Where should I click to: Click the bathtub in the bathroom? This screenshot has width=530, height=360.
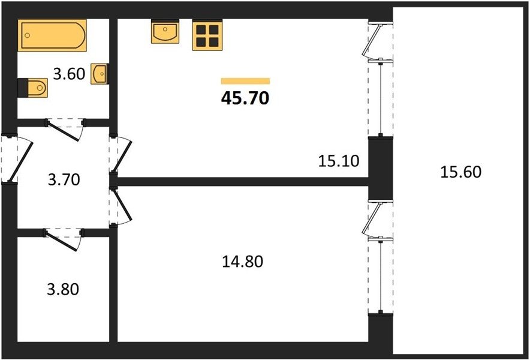[52, 35]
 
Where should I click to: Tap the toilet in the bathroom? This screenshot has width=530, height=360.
[33, 88]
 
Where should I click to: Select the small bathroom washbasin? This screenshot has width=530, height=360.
[100, 73]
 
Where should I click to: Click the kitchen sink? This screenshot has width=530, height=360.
[165, 31]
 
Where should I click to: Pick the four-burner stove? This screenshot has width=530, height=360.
[207, 35]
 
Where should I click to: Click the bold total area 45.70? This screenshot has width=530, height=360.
[245, 98]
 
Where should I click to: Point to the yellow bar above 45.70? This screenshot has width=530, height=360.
[245, 81]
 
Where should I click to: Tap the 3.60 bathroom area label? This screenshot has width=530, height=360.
[70, 74]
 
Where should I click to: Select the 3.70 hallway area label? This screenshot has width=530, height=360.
[64, 179]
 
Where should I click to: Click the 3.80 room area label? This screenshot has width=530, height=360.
[63, 289]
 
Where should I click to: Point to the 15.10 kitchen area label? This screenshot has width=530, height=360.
[338, 161]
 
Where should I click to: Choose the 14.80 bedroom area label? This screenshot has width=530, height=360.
[242, 262]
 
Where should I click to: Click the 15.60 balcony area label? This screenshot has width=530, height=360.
[460, 172]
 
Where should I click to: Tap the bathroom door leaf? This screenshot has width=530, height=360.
[65, 131]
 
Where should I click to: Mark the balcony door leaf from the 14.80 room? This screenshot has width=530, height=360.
[372, 218]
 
